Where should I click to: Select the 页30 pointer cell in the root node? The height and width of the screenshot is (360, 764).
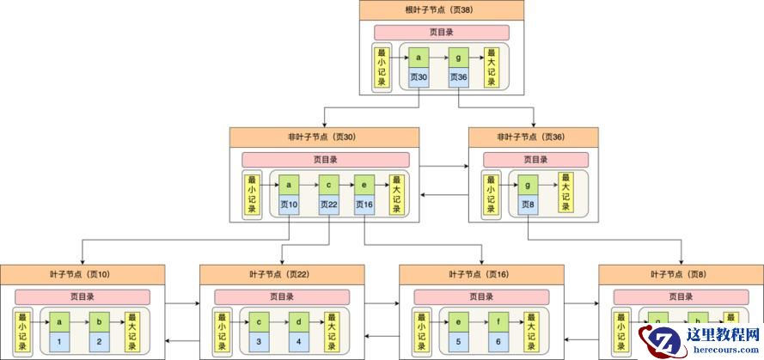click(x=419, y=77)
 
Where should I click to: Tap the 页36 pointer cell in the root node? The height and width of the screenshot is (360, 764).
click(x=458, y=77)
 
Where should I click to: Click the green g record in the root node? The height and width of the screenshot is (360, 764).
click(x=458, y=58)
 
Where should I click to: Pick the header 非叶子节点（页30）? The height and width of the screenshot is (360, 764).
click(x=324, y=137)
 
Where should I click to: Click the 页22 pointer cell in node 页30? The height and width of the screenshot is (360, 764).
click(x=329, y=204)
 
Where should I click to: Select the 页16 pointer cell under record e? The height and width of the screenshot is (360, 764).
click(x=366, y=204)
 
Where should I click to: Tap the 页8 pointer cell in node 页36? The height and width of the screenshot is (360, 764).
click(x=527, y=204)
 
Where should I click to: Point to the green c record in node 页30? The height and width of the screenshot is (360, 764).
click(x=329, y=186)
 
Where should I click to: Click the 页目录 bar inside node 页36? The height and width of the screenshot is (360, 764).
click(x=535, y=160)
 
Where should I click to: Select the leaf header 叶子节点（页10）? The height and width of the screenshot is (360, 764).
click(x=80, y=275)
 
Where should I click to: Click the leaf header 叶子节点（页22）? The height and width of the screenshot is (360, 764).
click(x=279, y=275)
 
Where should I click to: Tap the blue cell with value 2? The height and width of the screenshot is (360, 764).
click(x=99, y=342)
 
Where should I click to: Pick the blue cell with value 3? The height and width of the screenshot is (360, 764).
click(x=259, y=342)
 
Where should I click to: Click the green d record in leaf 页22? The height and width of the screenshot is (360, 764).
click(x=299, y=322)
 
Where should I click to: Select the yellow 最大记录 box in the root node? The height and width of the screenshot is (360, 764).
click(x=491, y=66)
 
